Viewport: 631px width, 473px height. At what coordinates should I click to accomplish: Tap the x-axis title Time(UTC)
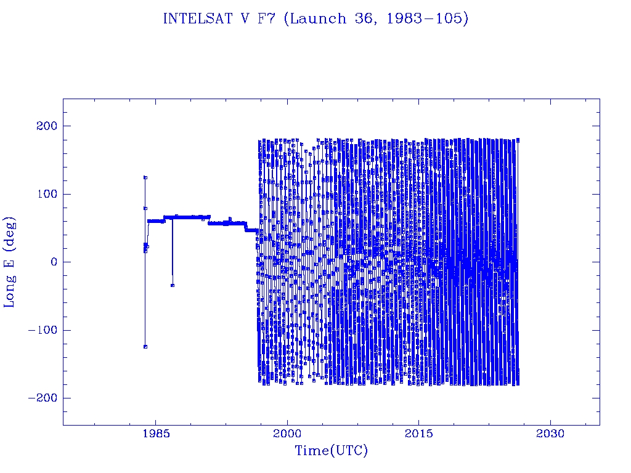(x=331, y=451)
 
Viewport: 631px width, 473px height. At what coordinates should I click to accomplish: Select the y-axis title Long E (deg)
(x=10, y=262)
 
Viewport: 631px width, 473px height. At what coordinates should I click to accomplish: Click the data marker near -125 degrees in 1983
(x=145, y=347)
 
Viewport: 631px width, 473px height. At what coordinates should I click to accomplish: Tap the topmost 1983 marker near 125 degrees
(x=145, y=177)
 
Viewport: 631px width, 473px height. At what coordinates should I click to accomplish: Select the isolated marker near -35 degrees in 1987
(x=173, y=285)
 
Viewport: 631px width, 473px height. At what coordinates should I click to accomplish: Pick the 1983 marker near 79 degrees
(x=145, y=208)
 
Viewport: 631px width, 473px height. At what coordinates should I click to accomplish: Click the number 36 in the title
(x=358, y=19)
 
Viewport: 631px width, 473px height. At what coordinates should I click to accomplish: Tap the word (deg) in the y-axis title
(x=10, y=235)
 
